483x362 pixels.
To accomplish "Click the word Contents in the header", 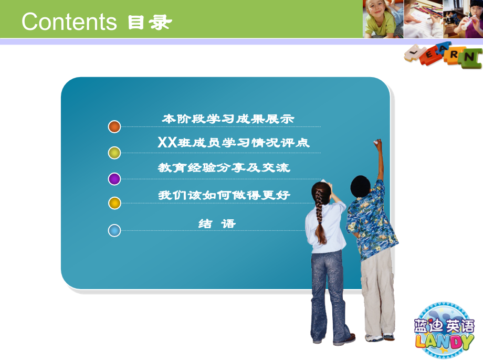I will point(69,22).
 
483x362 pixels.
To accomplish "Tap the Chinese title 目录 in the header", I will point(150,23).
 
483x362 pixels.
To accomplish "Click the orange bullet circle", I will point(114,126).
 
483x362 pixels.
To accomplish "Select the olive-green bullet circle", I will point(114,153).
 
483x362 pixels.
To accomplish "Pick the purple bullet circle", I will point(114,179).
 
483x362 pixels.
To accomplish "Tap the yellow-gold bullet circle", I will point(114,203).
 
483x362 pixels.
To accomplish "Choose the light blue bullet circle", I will point(114,230).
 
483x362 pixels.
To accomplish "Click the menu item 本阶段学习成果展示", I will point(228,119).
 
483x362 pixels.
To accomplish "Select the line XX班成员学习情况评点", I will point(233,143).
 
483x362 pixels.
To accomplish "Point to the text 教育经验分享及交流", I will point(224,168).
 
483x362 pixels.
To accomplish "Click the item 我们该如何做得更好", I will point(224,195).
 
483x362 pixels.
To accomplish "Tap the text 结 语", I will point(217,223).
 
